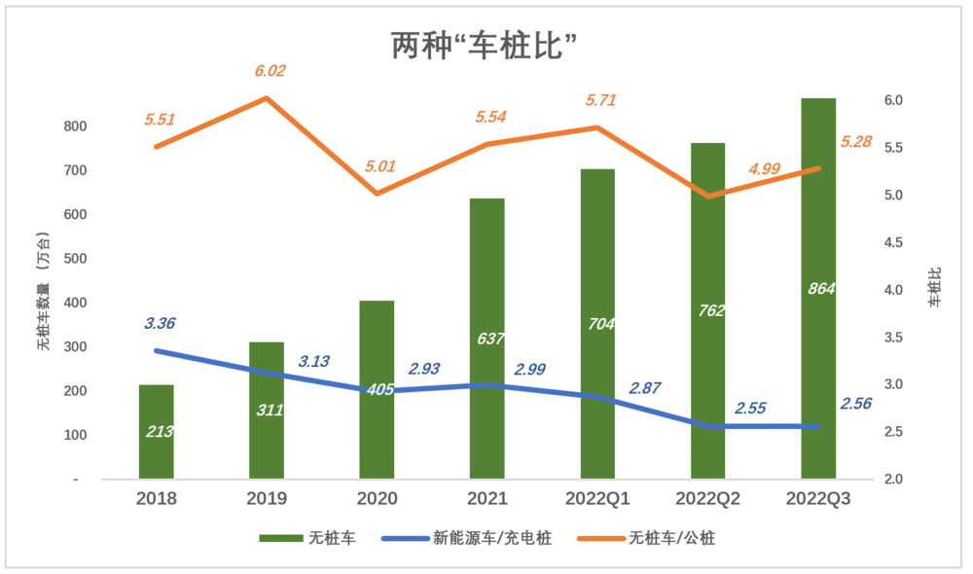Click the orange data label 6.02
pyautogui.click(x=270, y=71)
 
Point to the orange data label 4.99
pyautogui.click(x=764, y=169)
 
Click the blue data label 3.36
pyautogui.click(x=160, y=324)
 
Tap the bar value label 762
pyautogui.click(x=709, y=311)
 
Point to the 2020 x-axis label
pyautogui.click(x=377, y=499)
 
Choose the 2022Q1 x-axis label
pyautogui.click(x=598, y=499)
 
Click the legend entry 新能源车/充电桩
pyautogui.click(x=466, y=538)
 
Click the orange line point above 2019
pyautogui.click(x=267, y=98)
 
